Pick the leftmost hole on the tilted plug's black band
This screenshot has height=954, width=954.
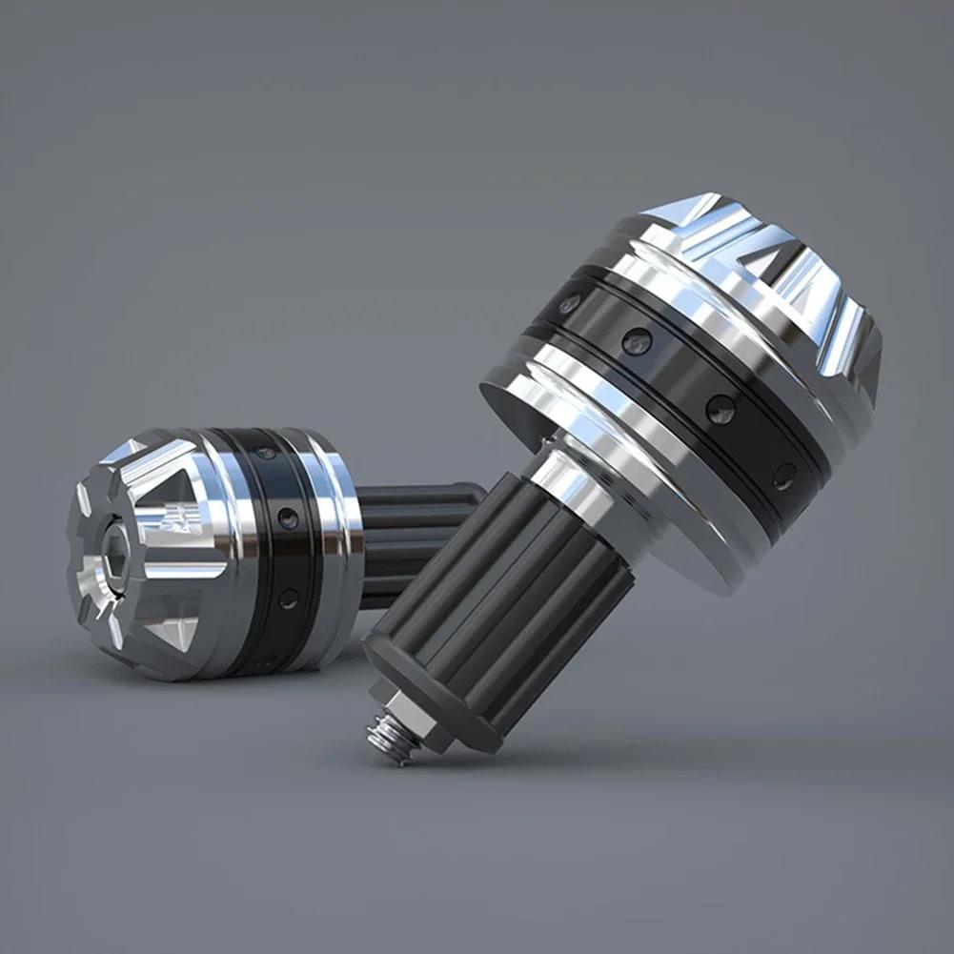pos(569,305)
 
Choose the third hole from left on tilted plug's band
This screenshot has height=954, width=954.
pos(720,410)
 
